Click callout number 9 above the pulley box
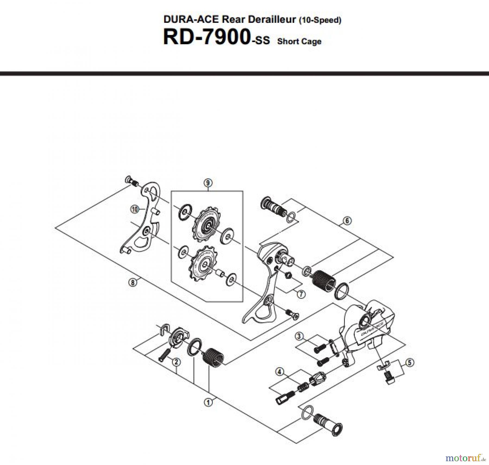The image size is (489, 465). [x=208, y=183]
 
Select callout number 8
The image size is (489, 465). [x=133, y=283]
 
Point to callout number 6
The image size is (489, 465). [x=347, y=221]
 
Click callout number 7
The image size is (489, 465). [x=301, y=294]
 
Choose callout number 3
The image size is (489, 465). [x=299, y=336]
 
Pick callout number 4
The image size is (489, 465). [x=280, y=372]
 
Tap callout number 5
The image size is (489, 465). [x=410, y=362]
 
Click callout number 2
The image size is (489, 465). [x=176, y=362]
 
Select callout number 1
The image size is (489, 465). [x=208, y=402]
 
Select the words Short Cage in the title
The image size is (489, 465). [x=299, y=42]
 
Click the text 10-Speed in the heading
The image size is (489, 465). [x=320, y=20]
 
